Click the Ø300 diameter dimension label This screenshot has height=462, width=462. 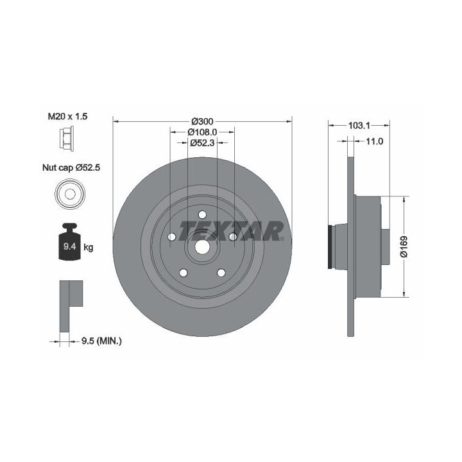(x=202, y=121)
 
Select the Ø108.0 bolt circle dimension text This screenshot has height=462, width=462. (x=202, y=132)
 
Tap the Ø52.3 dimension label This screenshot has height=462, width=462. (x=202, y=142)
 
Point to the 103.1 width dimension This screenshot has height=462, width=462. (x=359, y=126)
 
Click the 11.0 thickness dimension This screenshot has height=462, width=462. (x=374, y=141)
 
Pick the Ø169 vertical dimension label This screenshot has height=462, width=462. (x=404, y=246)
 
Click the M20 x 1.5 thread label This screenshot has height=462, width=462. (x=67, y=116)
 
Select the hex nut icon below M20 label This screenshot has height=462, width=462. (x=66, y=138)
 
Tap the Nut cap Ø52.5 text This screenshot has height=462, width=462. (x=71, y=167)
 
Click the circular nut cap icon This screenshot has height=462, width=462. (x=70, y=194)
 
